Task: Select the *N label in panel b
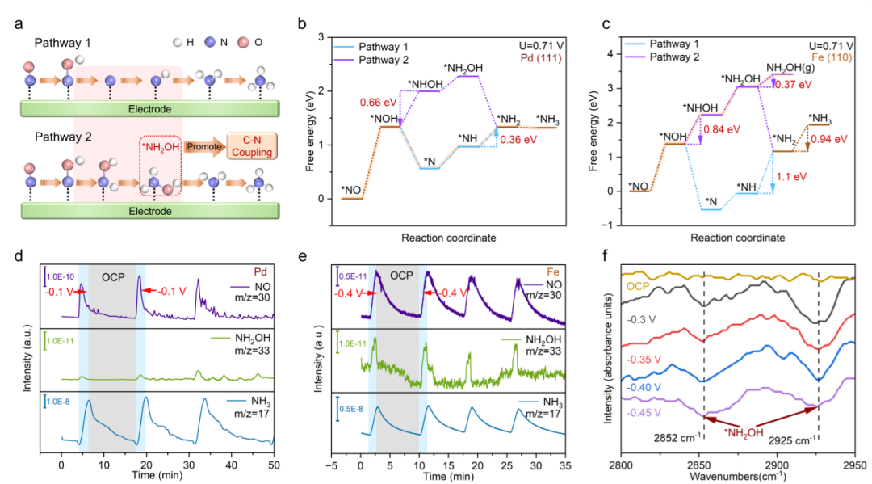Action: [430, 158]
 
